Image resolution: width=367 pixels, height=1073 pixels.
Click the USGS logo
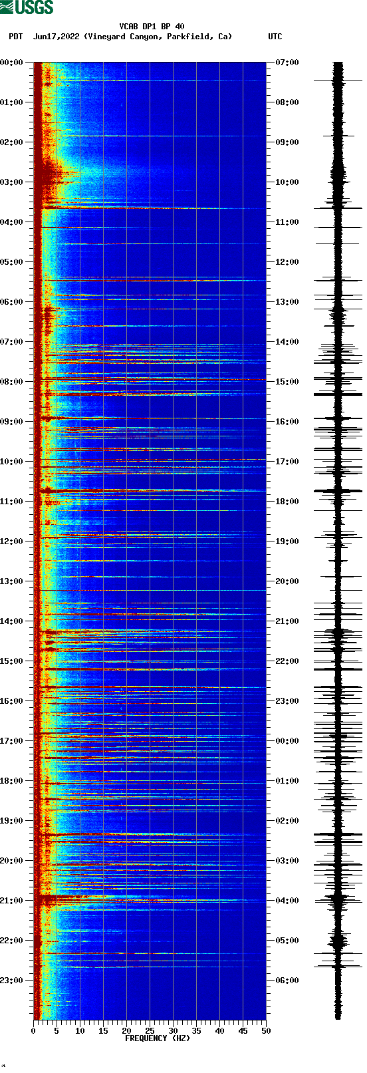click(x=27, y=7)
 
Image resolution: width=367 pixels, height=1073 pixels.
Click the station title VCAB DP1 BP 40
click(x=152, y=27)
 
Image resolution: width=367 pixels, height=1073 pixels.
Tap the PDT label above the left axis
click(x=16, y=37)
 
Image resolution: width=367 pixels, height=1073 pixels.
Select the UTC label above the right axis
click(x=275, y=37)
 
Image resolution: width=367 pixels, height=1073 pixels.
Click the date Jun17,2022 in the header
click(x=56, y=37)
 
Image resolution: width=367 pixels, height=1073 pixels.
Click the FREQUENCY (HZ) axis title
click(x=158, y=1038)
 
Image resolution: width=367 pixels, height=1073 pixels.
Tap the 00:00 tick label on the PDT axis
click(x=12, y=63)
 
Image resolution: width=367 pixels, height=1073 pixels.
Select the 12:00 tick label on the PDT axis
click(x=12, y=541)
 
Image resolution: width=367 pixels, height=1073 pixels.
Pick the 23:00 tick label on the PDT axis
click(x=12, y=981)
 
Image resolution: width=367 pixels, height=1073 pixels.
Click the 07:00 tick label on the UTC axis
click(x=287, y=63)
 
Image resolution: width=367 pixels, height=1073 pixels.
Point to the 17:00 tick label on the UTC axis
click(x=287, y=462)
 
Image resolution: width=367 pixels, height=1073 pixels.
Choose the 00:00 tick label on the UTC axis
click(x=287, y=741)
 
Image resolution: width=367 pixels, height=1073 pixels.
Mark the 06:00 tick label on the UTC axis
click(x=287, y=981)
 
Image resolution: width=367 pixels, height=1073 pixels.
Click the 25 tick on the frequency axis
click(x=150, y=1030)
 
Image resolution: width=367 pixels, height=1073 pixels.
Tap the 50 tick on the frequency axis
click(x=266, y=1030)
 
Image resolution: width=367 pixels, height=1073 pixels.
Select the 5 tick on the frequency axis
click(x=57, y=1030)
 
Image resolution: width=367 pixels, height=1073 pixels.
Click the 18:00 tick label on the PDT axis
click(x=12, y=781)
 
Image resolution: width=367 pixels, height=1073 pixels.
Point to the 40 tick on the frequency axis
click(x=219, y=1030)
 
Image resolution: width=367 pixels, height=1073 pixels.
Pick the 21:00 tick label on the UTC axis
click(x=287, y=621)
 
